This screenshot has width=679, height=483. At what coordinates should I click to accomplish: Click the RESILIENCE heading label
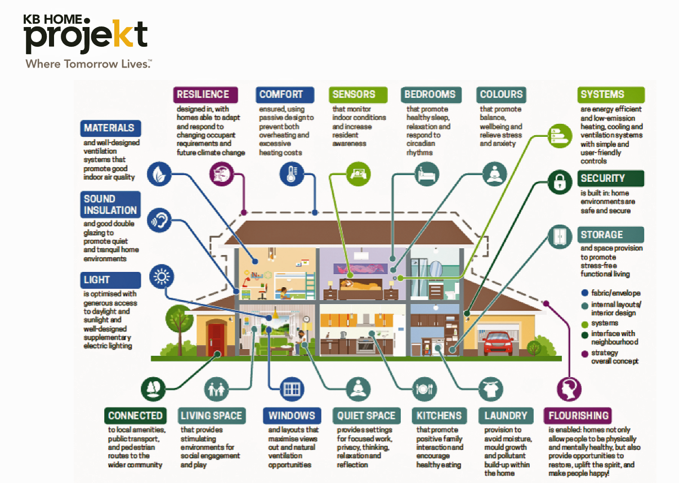point(203,95)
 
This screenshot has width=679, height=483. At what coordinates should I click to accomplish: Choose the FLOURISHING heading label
point(578,416)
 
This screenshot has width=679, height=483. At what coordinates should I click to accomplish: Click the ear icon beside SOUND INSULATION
point(159,222)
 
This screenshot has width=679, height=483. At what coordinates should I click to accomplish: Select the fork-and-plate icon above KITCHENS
point(423,388)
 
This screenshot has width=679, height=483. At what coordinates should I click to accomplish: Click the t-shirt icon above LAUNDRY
point(489,388)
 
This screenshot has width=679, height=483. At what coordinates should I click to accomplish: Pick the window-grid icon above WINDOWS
point(292,388)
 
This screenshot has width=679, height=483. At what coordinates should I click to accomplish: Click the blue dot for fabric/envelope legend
point(585,293)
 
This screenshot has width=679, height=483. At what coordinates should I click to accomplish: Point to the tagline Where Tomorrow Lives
point(88,63)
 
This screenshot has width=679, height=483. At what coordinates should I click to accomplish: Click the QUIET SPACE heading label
point(366,416)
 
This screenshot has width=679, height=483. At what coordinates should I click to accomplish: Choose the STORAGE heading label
point(602,235)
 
